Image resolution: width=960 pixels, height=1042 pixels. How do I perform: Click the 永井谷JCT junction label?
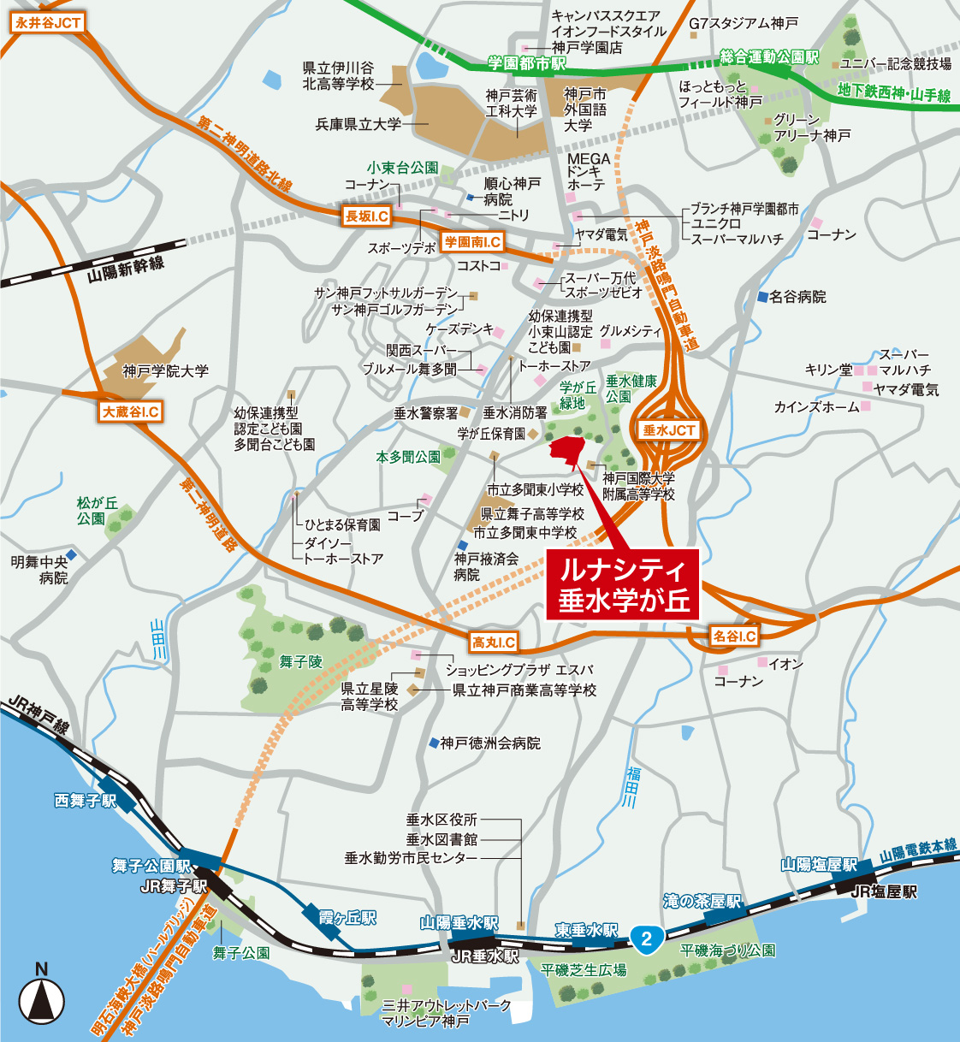(x=48, y=23)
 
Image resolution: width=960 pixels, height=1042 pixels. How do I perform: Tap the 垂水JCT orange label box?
(x=669, y=430)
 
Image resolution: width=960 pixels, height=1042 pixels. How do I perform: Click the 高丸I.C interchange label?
(x=494, y=642)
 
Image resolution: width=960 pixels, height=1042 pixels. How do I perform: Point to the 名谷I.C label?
(x=734, y=636)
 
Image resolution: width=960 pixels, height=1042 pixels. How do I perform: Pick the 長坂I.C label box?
(x=366, y=216)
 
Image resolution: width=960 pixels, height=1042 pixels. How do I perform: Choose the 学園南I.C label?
(x=472, y=242)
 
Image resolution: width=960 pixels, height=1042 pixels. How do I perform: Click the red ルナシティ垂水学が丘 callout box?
(x=623, y=584)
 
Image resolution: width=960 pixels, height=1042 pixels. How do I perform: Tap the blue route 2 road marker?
(x=646, y=938)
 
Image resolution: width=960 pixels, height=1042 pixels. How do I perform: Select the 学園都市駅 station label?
(x=527, y=64)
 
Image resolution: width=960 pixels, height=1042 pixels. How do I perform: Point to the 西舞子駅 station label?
(x=85, y=801)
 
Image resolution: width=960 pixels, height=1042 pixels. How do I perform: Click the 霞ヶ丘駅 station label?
(x=347, y=918)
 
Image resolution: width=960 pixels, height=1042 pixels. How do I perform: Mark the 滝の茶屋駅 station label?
(x=702, y=902)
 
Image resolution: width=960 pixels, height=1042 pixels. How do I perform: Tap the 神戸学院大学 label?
(x=166, y=371)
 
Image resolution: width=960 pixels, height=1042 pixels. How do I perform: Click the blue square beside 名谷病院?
(x=762, y=297)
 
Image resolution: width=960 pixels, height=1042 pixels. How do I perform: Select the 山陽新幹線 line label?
(x=126, y=269)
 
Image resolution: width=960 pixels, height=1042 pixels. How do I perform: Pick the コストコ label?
(x=478, y=266)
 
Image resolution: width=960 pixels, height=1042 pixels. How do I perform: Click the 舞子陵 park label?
(x=300, y=661)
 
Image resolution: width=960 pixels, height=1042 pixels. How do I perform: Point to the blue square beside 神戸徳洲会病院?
(x=434, y=743)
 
